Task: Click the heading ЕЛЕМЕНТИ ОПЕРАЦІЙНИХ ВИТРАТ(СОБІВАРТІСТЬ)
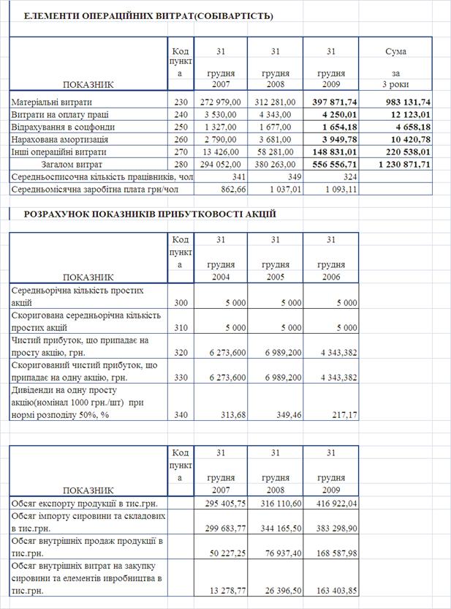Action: (x=149, y=15)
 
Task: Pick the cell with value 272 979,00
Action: (x=218, y=102)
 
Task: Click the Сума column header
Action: (x=396, y=51)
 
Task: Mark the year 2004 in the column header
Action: (x=219, y=277)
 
